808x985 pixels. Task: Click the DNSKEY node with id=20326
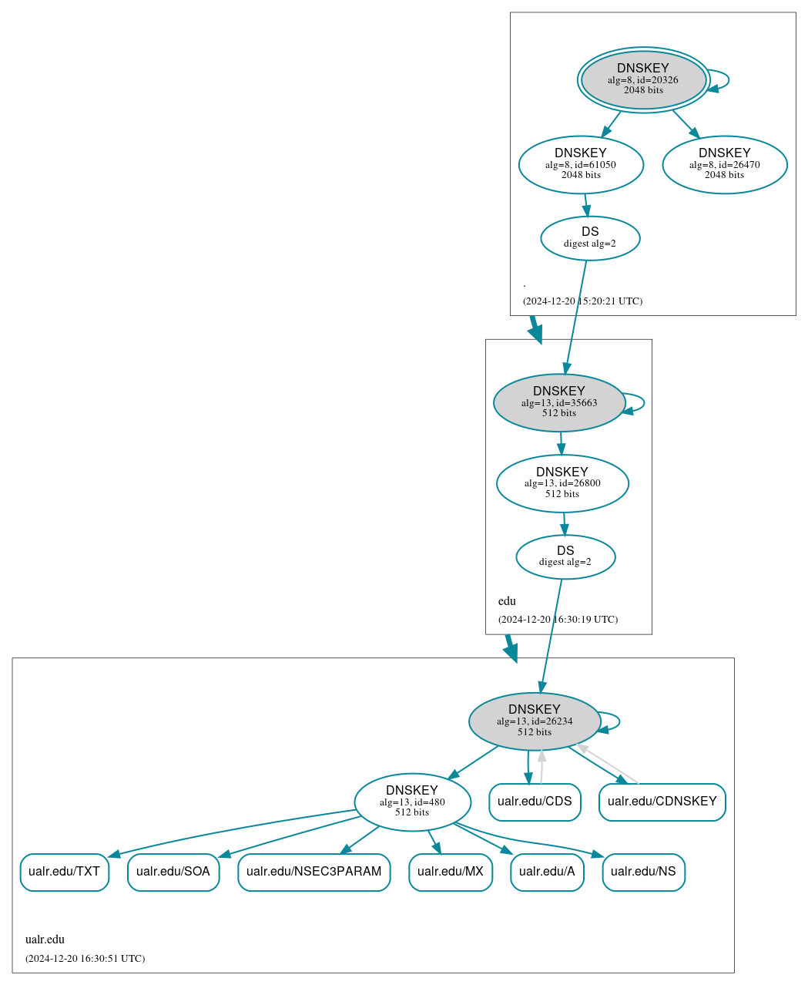(643, 80)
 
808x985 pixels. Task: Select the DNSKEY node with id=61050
(581, 164)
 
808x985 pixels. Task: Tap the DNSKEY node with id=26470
(724, 164)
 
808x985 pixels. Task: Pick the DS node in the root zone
(590, 238)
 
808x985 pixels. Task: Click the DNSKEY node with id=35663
(558, 402)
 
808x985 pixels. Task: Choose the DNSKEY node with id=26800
(562, 483)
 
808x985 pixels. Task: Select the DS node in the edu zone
(565, 556)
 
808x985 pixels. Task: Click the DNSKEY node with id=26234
(534, 721)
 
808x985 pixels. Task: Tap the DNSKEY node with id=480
(412, 802)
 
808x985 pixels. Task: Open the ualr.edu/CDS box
(535, 802)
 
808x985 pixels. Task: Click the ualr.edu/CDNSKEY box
(662, 802)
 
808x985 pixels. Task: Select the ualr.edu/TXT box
(64, 872)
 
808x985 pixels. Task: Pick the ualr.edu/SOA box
(173, 872)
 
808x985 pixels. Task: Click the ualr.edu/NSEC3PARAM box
(313, 872)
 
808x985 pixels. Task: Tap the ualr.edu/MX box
(450, 872)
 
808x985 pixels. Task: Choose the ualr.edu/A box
(547, 872)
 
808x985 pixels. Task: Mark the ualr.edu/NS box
(643, 872)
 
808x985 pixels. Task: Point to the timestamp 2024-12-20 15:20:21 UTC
(582, 301)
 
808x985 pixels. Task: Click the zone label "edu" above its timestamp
(507, 601)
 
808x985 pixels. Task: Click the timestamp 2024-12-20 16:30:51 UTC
(85, 959)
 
